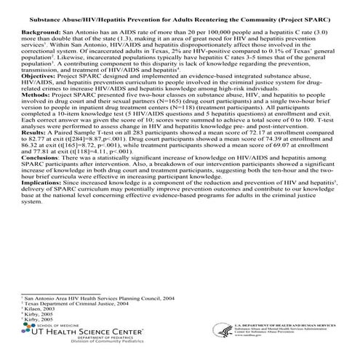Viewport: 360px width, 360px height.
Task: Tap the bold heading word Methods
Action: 33,113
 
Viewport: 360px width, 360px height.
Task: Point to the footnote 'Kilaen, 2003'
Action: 44,308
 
